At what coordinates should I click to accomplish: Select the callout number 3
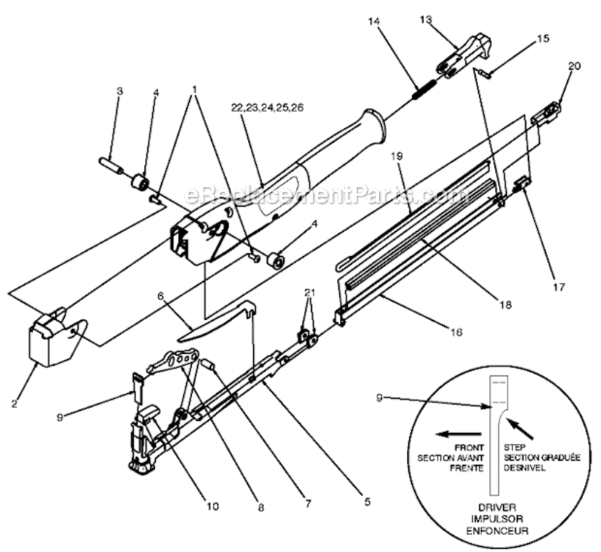(x=119, y=91)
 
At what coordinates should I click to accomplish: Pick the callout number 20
(x=574, y=66)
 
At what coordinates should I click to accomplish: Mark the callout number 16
(x=456, y=333)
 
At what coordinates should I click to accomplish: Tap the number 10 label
(x=212, y=506)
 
